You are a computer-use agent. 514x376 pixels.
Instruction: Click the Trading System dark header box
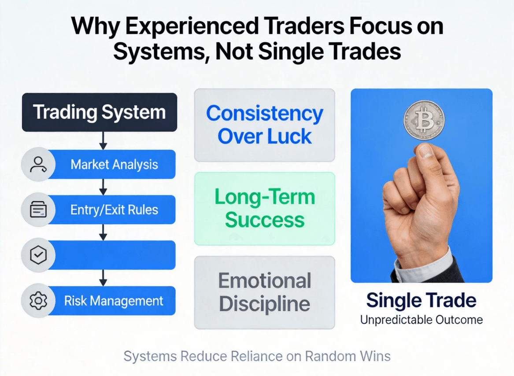(100, 112)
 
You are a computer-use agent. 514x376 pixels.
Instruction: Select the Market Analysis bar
(111, 164)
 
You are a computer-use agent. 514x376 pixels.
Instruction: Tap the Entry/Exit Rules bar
(111, 210)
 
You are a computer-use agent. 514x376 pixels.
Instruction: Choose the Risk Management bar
(111, 301)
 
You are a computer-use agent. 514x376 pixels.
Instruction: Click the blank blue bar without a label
(111, 255)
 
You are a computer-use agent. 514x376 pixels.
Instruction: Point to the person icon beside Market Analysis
(38, 164)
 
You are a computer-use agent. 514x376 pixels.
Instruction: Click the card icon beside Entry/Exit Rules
(38, 210)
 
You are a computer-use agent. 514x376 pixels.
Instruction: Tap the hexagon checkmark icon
(38, 255)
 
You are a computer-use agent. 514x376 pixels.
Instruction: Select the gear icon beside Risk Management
(38, 301)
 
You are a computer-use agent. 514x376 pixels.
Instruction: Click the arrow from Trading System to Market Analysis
(103, 140)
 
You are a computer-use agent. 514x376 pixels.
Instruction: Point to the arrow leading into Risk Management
(103, 278)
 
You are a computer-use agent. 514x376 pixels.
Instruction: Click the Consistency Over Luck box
(265, 125)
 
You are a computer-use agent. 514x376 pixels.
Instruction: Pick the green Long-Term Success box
(265, 209)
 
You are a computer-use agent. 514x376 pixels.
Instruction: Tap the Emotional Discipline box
(265, 292)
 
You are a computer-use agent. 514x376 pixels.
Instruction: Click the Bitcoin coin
(424, 121)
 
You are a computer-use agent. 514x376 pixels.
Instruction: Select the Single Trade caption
(421, 300)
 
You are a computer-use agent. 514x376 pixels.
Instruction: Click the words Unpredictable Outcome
(422, 320)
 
